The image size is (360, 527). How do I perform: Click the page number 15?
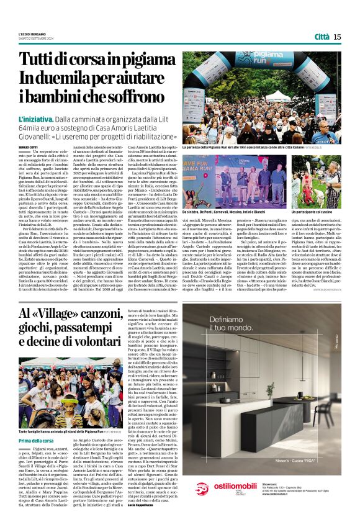coord(337,37)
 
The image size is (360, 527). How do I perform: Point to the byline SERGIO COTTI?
coord(27,146)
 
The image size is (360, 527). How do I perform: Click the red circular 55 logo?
coord(202,505)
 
